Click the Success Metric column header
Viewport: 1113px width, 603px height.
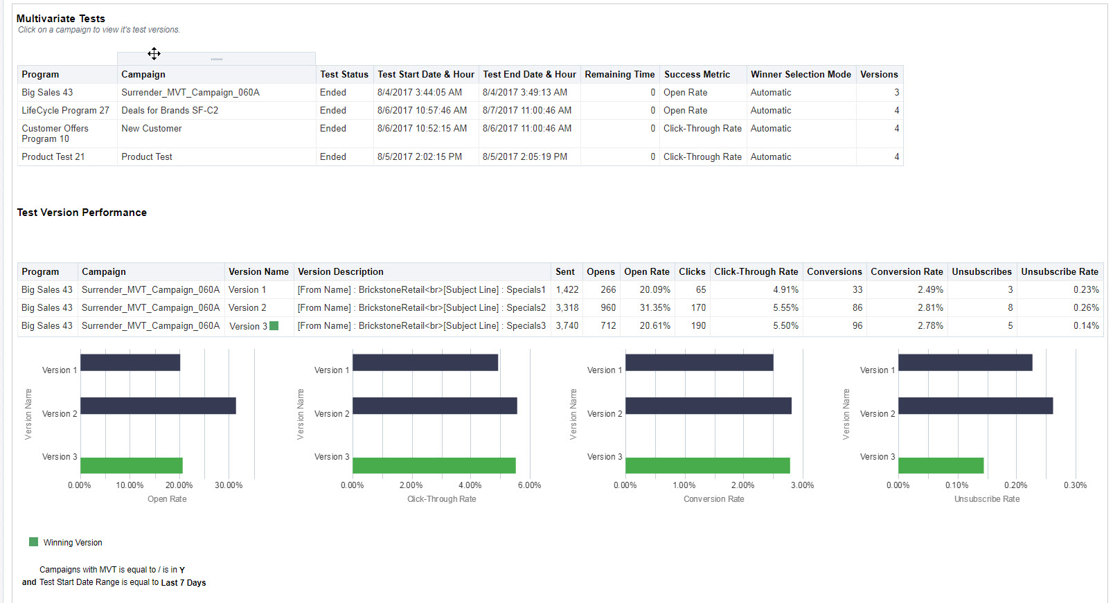(697, 74)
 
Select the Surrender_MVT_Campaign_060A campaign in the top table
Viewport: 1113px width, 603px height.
(190, 92)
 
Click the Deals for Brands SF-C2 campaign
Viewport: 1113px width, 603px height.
(170, 110)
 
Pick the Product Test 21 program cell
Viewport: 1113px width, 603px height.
(53, 156)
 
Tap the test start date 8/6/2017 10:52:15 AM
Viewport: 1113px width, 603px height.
(422, 128)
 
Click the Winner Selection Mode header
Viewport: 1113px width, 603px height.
(801, 74)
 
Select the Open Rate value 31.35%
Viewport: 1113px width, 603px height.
(655, 307)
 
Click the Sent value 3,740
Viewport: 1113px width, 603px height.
(567, 325)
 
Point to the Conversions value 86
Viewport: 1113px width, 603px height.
(857, 307)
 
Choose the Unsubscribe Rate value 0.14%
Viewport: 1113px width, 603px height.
(1086, 325)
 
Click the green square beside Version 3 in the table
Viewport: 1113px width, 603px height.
(274, 325)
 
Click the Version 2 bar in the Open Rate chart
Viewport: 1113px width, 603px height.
(158, 406)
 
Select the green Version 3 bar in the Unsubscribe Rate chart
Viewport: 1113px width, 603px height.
(941, 465)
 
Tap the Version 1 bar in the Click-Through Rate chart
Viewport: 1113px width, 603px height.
(425, 362)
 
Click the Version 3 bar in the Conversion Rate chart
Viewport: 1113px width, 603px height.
(707, 465)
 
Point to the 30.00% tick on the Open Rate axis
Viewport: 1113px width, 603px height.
(229, 485)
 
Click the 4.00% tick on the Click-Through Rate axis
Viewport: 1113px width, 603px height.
(470, 485)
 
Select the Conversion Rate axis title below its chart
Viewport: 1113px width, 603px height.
(713, 499)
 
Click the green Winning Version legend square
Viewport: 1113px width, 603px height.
(33, 542)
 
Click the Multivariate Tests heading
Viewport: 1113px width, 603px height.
(61, 19)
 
